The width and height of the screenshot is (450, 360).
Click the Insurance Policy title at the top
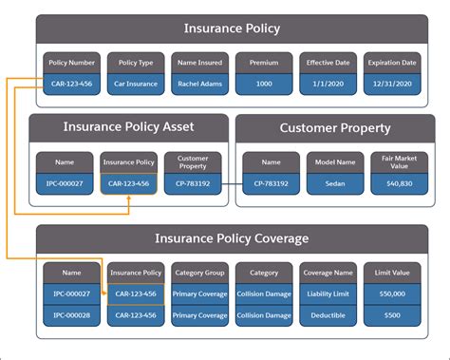(232, 28)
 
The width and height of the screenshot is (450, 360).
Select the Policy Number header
(70, 63)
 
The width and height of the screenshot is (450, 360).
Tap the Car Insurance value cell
(136, 83)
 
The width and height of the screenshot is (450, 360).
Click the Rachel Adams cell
(200, 83)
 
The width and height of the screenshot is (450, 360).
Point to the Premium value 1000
(264, 83)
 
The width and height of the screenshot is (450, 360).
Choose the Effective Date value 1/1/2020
(328, 83)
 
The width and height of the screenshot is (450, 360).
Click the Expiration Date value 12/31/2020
(393, 83)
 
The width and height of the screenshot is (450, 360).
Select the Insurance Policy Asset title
(127, 126)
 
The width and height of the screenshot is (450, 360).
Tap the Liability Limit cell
(328, 294)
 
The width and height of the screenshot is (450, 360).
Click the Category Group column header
(200, 272)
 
